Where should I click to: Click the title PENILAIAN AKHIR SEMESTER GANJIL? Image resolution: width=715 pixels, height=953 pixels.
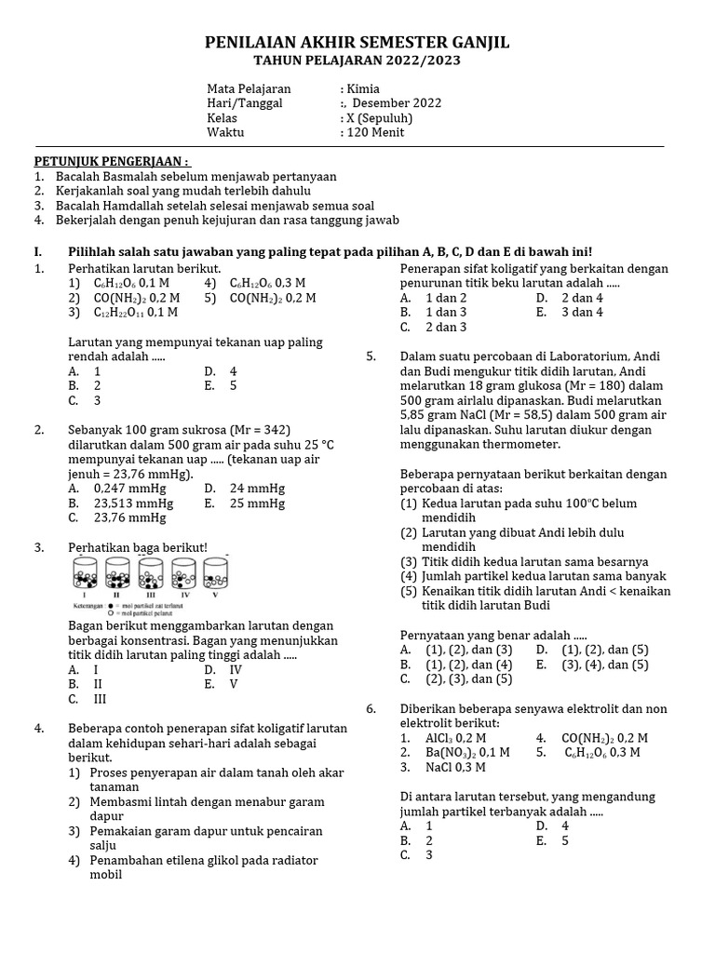pos(357,44)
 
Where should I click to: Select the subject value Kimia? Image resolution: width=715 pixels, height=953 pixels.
pos(363,88)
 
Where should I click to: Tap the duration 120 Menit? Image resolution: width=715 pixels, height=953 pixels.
pos(375,132)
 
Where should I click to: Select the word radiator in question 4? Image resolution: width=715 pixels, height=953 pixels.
pos(293,860)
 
